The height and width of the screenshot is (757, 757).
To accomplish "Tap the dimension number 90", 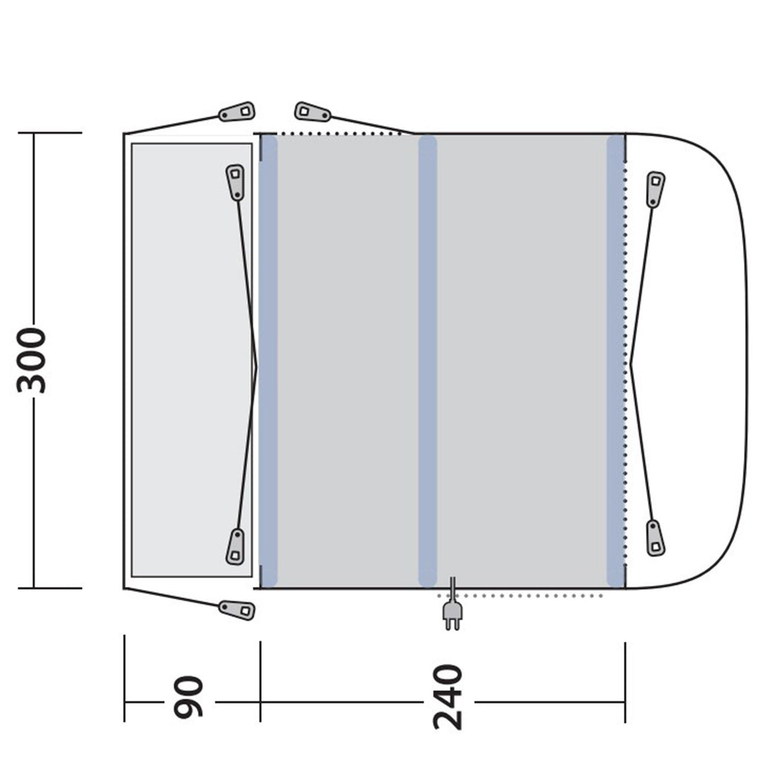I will (x=188, y=696).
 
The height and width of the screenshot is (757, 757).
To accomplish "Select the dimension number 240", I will (x=448, y=696).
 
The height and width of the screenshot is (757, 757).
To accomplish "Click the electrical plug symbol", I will (x=452, y=614).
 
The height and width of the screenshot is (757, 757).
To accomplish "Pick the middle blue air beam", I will (x=427, y=361).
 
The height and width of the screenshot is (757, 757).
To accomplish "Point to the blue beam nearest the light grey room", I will (x=268, y=361).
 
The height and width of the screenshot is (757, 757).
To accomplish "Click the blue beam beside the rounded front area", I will (x=616, y=361).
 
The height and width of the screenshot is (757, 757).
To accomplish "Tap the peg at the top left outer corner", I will (x=237, y=112).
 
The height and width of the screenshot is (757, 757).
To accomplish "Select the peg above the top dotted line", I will (x=312, y=112).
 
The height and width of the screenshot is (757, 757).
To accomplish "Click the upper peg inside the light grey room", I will (x=235, y=182).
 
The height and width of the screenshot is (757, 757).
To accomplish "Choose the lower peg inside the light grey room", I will (x=235, y=547).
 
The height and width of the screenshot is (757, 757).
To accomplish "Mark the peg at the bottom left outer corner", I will (x=237, y=609).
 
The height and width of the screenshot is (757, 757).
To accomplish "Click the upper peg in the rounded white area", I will (x=655, y=189).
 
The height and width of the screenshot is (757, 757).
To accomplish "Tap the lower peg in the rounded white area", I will (x=655, y=537).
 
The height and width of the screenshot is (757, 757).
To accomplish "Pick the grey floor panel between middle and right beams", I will (x=521, y=361).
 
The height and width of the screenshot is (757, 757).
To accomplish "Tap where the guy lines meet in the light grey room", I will (x=257, y=364).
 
